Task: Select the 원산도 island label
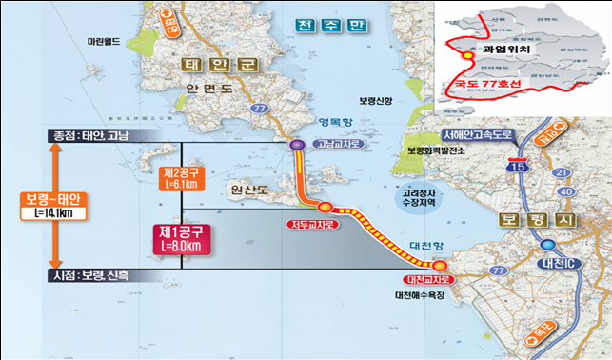point(248,189)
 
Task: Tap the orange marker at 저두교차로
point(326,207)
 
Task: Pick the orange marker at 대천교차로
point(439,266)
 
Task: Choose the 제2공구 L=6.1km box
point(178,178)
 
